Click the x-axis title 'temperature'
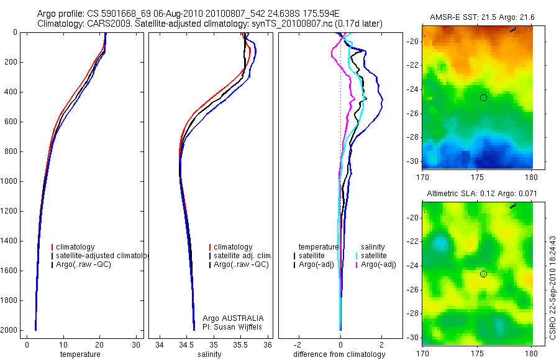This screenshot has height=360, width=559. tap(80, 354)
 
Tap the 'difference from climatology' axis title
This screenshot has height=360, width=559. tap(340, 354)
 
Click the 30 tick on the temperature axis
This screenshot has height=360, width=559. tap(136, 345)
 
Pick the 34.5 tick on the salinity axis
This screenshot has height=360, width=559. tap(186, 345)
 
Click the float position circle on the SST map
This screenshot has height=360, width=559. tap(483, 97)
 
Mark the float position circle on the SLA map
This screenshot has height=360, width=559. tap(483, 274)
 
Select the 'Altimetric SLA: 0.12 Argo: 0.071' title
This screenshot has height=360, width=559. tap(477, 195)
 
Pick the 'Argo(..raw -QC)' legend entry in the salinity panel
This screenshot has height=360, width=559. tap(241, 265)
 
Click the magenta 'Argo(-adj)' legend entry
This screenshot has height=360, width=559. tap(378, 265)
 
